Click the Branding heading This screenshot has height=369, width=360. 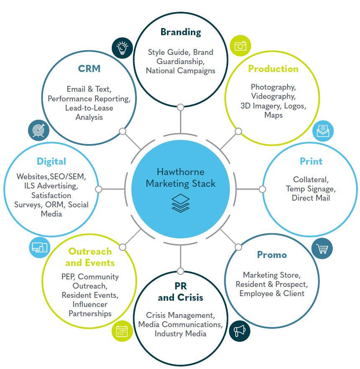pyautogui.click(x=180, y=32)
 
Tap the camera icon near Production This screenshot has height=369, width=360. pyautogui.click(x=240, y=46)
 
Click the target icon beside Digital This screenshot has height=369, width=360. pyautogui.click(x=39, y=131)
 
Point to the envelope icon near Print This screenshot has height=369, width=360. pyautogui.click(x=323, y=131)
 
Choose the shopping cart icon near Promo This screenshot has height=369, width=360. pyautogui.click(x=322, y=249)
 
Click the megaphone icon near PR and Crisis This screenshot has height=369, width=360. pyautogui.click(x=240, y=331)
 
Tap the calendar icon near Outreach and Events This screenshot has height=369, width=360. pyautogui.click(x=122, y=331)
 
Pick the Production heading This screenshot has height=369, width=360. pyautogui.click(x=273, y=69)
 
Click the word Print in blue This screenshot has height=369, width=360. pyautogui.click(x=311, y=161)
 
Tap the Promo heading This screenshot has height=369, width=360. pyautogui.click(x=272, y=255)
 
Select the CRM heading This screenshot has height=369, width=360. pyautogui.click(x=89, y=69)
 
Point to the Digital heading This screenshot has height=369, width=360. pyautogui.click(x=51, y=161)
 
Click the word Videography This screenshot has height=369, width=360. pyautogui.click(x=273, y=96)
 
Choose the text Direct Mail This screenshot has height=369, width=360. pyautogui.click(x=311, y=198)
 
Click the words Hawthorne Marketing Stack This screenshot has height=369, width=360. pyautogui.click(x=180, y=178)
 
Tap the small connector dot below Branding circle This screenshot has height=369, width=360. pyautogui.click(x=180, y=108)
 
